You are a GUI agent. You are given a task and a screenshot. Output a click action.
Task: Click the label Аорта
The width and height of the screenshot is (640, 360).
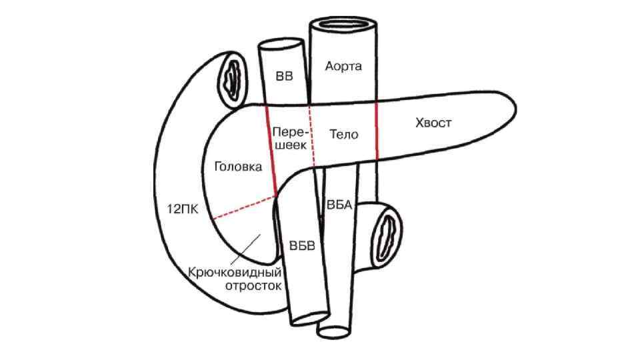tap(344, 66)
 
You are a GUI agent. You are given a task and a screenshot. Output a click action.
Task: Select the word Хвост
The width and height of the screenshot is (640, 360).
tap(433, 123)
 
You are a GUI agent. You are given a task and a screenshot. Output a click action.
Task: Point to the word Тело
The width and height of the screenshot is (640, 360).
tap(344, 134)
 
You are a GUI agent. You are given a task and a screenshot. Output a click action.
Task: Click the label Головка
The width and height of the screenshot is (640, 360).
tap(238, 167)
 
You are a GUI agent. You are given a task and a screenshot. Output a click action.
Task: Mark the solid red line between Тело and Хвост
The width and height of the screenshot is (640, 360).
tap(376, 131)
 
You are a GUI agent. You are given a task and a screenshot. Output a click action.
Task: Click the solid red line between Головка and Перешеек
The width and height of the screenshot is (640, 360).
tap(271, 150)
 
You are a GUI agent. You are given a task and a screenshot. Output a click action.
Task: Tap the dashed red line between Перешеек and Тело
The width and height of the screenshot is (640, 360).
tap(311, 133)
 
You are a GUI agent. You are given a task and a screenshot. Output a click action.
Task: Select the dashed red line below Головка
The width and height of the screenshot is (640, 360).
tap(243, 208)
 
